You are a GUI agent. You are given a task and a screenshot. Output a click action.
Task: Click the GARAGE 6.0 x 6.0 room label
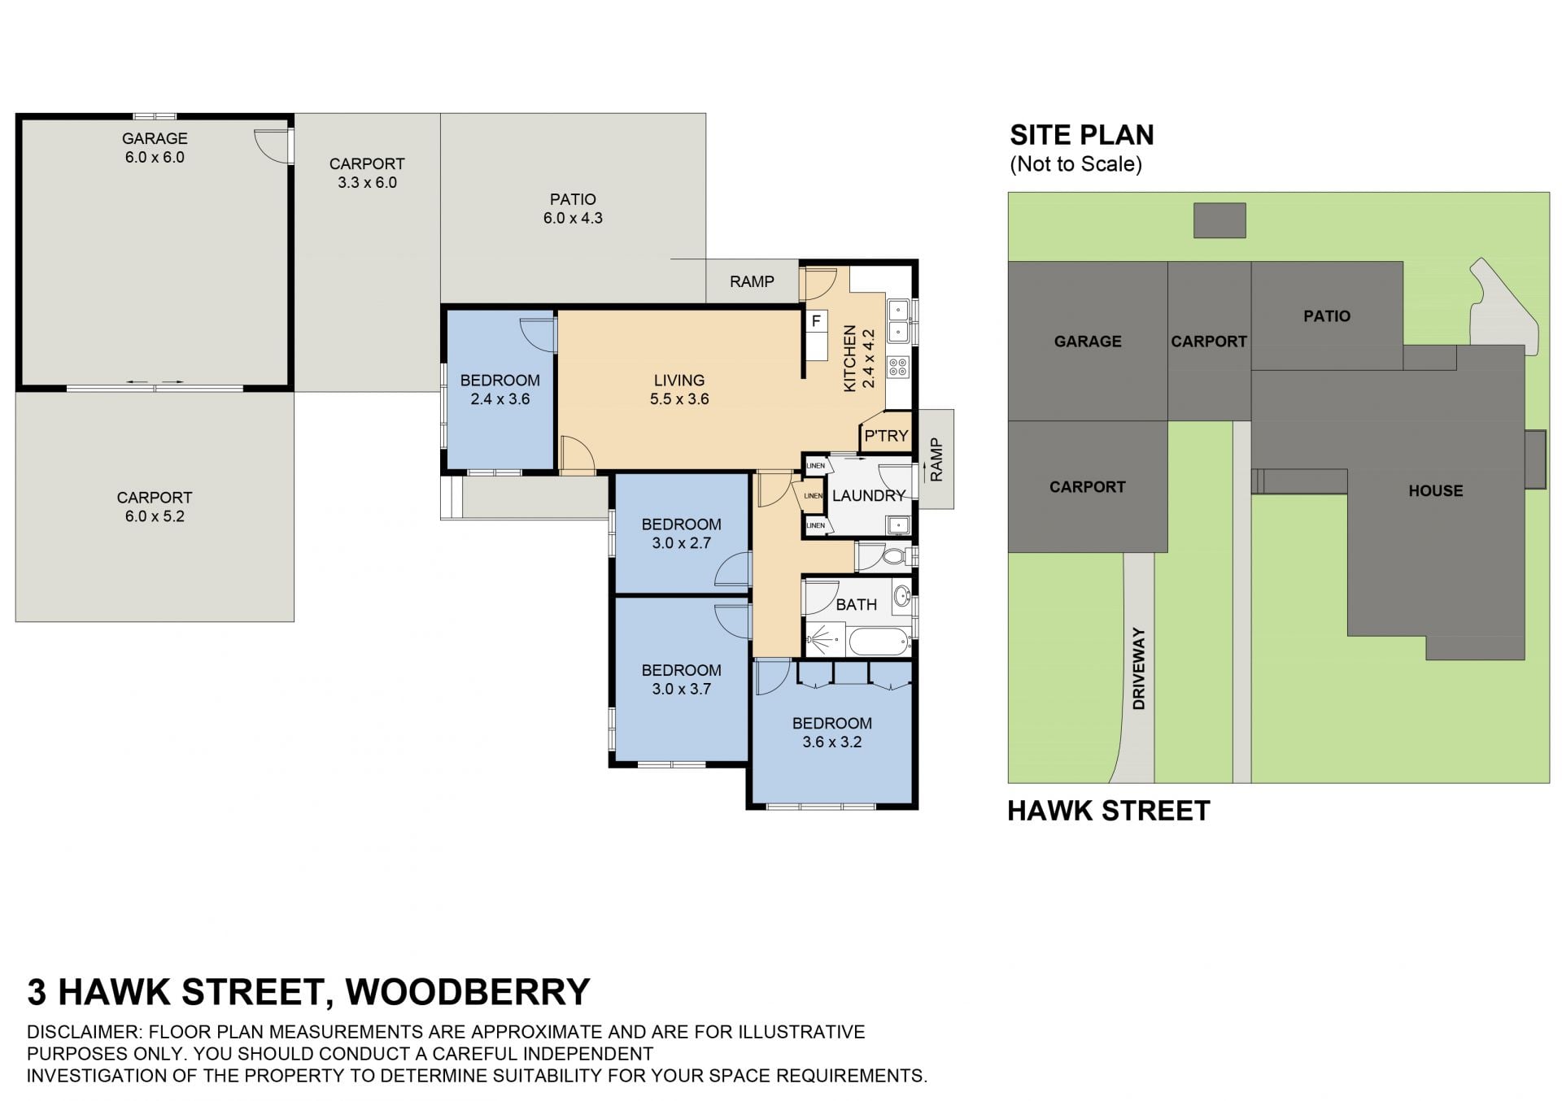click(x=155, y=148)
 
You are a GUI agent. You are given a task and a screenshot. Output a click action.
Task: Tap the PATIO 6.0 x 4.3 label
click(x=573, y=208)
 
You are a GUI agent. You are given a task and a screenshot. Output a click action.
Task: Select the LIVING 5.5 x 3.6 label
click(x=679, y=389)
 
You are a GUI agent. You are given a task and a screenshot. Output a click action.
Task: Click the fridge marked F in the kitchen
click(x=816, y=322)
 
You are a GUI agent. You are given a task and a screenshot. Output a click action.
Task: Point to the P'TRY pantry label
click(x=886, y=436)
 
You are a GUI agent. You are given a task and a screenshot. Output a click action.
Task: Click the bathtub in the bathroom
click(x=879, y=641)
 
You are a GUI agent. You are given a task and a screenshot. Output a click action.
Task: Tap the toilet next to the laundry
click(x=893, y=557)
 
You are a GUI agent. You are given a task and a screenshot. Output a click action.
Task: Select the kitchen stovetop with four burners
click(x=898, y=367)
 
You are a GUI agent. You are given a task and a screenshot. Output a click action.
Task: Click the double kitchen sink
click(x=899, y=321)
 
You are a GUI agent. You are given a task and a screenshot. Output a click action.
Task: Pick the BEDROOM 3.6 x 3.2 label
click(x=831, y=733)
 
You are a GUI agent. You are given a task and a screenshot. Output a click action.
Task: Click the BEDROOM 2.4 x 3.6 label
click(x=500, y=389)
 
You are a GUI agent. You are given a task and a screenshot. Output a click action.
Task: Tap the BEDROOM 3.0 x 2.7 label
click(x=681, y=533)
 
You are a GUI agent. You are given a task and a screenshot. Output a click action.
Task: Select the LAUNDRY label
click(x=869, y=495)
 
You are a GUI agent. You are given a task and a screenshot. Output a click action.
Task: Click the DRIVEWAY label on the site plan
click(x=1139, y=668)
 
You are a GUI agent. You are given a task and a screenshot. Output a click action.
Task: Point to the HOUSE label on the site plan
click(x=1435, y=490)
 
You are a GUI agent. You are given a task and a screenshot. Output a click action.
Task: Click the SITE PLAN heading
click(x=1081, y=135)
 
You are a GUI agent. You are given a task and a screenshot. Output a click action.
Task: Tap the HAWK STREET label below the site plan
click(x=1109, y=811)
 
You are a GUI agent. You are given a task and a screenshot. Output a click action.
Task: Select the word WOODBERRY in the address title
click(x=468, y=991)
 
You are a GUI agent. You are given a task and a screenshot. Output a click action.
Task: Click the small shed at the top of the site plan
click(x=1219, y=220)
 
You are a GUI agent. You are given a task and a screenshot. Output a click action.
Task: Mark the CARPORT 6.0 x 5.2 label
click(x=155, y=507)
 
